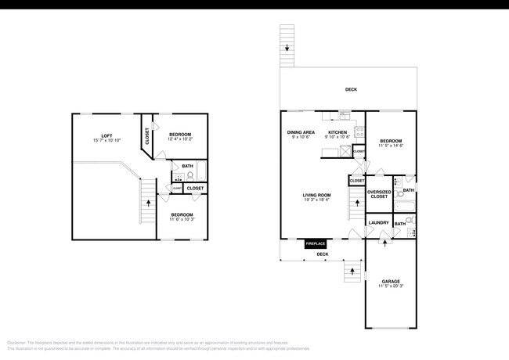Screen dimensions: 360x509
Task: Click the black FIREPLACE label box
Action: [316, 243]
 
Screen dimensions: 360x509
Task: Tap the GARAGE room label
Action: [391, 281]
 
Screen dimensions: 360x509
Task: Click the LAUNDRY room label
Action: [379, 223]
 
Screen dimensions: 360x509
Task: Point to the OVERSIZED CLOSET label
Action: [379, 194]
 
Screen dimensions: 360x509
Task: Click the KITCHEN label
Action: [338, 132]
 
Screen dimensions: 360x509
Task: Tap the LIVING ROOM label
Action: [317, 195]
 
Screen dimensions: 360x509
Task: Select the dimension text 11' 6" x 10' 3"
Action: [182, 219]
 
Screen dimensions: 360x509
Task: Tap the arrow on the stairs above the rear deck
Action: [287, 49]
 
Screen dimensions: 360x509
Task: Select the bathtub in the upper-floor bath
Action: [201, 172]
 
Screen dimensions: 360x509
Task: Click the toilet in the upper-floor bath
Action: [189, 176]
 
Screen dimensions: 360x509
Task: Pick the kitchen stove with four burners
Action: [359, 132]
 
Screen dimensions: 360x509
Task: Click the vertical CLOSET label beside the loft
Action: [147, 135]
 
